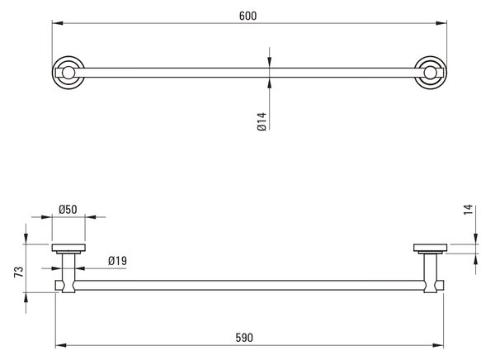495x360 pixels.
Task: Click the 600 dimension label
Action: tap(247, 16)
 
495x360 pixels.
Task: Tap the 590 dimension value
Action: tap(244, 338)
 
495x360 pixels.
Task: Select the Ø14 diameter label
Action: tap(262, 121)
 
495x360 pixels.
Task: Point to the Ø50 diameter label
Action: tap(68, 209)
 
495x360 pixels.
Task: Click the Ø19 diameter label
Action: tap(117, 261)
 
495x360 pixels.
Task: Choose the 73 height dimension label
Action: tap(19, 272)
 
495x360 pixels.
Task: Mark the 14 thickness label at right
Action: tap(469, 210)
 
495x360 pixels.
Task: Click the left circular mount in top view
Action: tap(68, 73)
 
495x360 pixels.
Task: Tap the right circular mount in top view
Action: tap(431, 73)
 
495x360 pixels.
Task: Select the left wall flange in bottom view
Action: tap(68, 249)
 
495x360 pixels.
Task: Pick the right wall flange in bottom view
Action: tap(431, 249)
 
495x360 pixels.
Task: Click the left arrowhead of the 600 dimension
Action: tap(58, 23)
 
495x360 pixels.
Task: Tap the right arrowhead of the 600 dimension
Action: tap(441, 23)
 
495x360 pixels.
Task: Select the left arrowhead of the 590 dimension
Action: tap(61, 345)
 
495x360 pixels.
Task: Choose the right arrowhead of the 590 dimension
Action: tap(438, 345)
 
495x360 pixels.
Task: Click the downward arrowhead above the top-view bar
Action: tap(269, 62)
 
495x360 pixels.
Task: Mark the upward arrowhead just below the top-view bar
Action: tap(269, 83)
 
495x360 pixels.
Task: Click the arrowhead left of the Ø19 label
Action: tap(56, 268)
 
